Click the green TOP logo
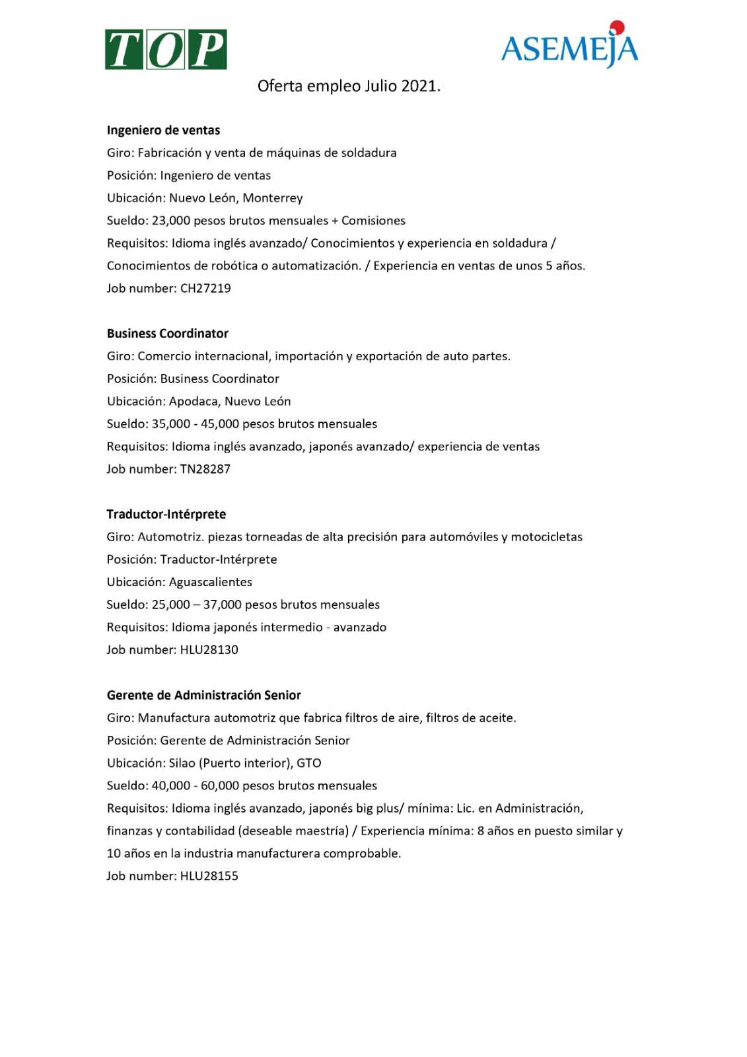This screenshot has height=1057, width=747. (166, 50)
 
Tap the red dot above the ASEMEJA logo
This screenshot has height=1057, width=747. (618, 27)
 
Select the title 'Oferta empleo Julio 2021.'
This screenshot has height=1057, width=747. (349, 86)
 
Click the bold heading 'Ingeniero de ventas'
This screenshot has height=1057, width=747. (163, 130)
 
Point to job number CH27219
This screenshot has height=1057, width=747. (205, 288)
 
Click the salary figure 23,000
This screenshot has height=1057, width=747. (171, 221)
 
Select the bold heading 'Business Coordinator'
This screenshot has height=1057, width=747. (168, 334)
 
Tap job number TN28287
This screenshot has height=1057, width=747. (205, 469)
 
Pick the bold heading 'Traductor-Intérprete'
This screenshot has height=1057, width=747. (166, 514)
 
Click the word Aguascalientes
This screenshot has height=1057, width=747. (211, 582)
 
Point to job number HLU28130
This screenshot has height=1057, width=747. (209, 649)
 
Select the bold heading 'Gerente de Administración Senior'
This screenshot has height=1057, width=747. (204, 695)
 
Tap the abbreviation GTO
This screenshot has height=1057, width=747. (308, 763)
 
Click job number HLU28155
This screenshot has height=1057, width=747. (209, 876)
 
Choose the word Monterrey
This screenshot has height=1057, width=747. (273, 198)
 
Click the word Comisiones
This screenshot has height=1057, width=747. (373, 221)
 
